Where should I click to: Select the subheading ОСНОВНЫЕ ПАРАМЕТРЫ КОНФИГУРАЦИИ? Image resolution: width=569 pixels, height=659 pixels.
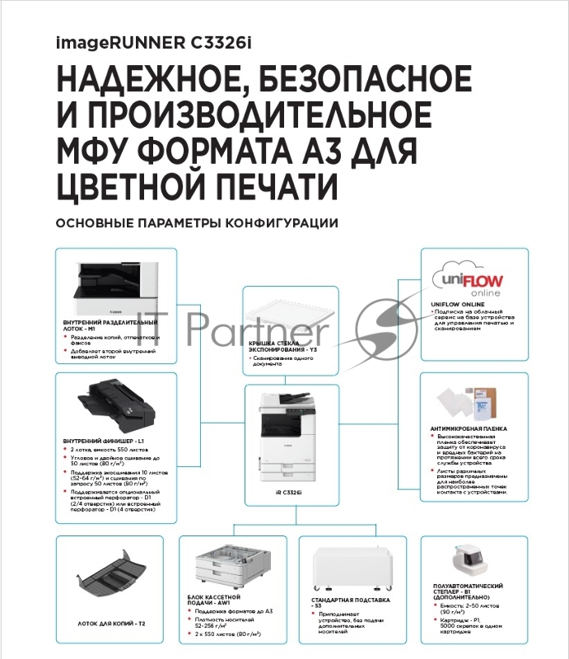point(197,223)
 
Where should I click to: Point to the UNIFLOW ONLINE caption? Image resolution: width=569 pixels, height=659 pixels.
point(457,304)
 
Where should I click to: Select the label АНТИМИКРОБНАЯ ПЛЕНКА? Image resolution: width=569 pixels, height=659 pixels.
point(469,428)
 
